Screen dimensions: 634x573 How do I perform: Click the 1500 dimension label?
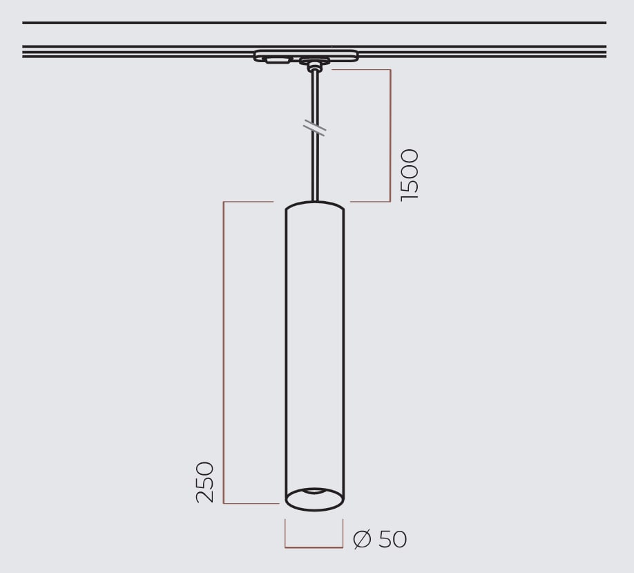coord(410,175)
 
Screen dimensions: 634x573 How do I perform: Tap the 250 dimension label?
coord(204,482)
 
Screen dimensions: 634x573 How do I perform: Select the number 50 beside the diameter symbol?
coord(392,538)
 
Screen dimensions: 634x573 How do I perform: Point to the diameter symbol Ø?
coord(362,539)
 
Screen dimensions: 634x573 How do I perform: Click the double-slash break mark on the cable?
coord(314,127)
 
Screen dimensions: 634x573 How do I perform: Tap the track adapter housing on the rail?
coord(306,55)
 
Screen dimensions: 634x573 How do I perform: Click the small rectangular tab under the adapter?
coord(278,60)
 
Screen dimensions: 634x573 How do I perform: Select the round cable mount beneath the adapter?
coord(314,65)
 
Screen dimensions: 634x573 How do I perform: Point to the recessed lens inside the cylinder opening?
coord(314,491)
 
